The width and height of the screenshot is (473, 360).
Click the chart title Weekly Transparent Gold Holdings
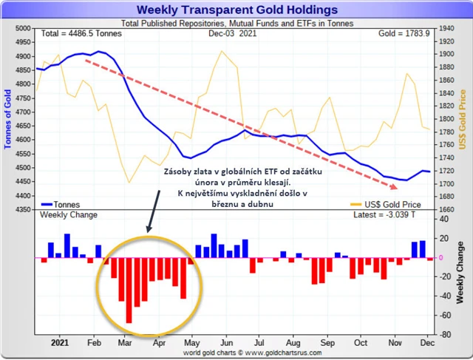point(236,10)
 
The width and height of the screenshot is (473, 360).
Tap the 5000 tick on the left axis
point(23,28)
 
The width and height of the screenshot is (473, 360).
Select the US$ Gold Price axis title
point(463,118)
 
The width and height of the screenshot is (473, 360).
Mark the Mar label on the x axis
point(125,344)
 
